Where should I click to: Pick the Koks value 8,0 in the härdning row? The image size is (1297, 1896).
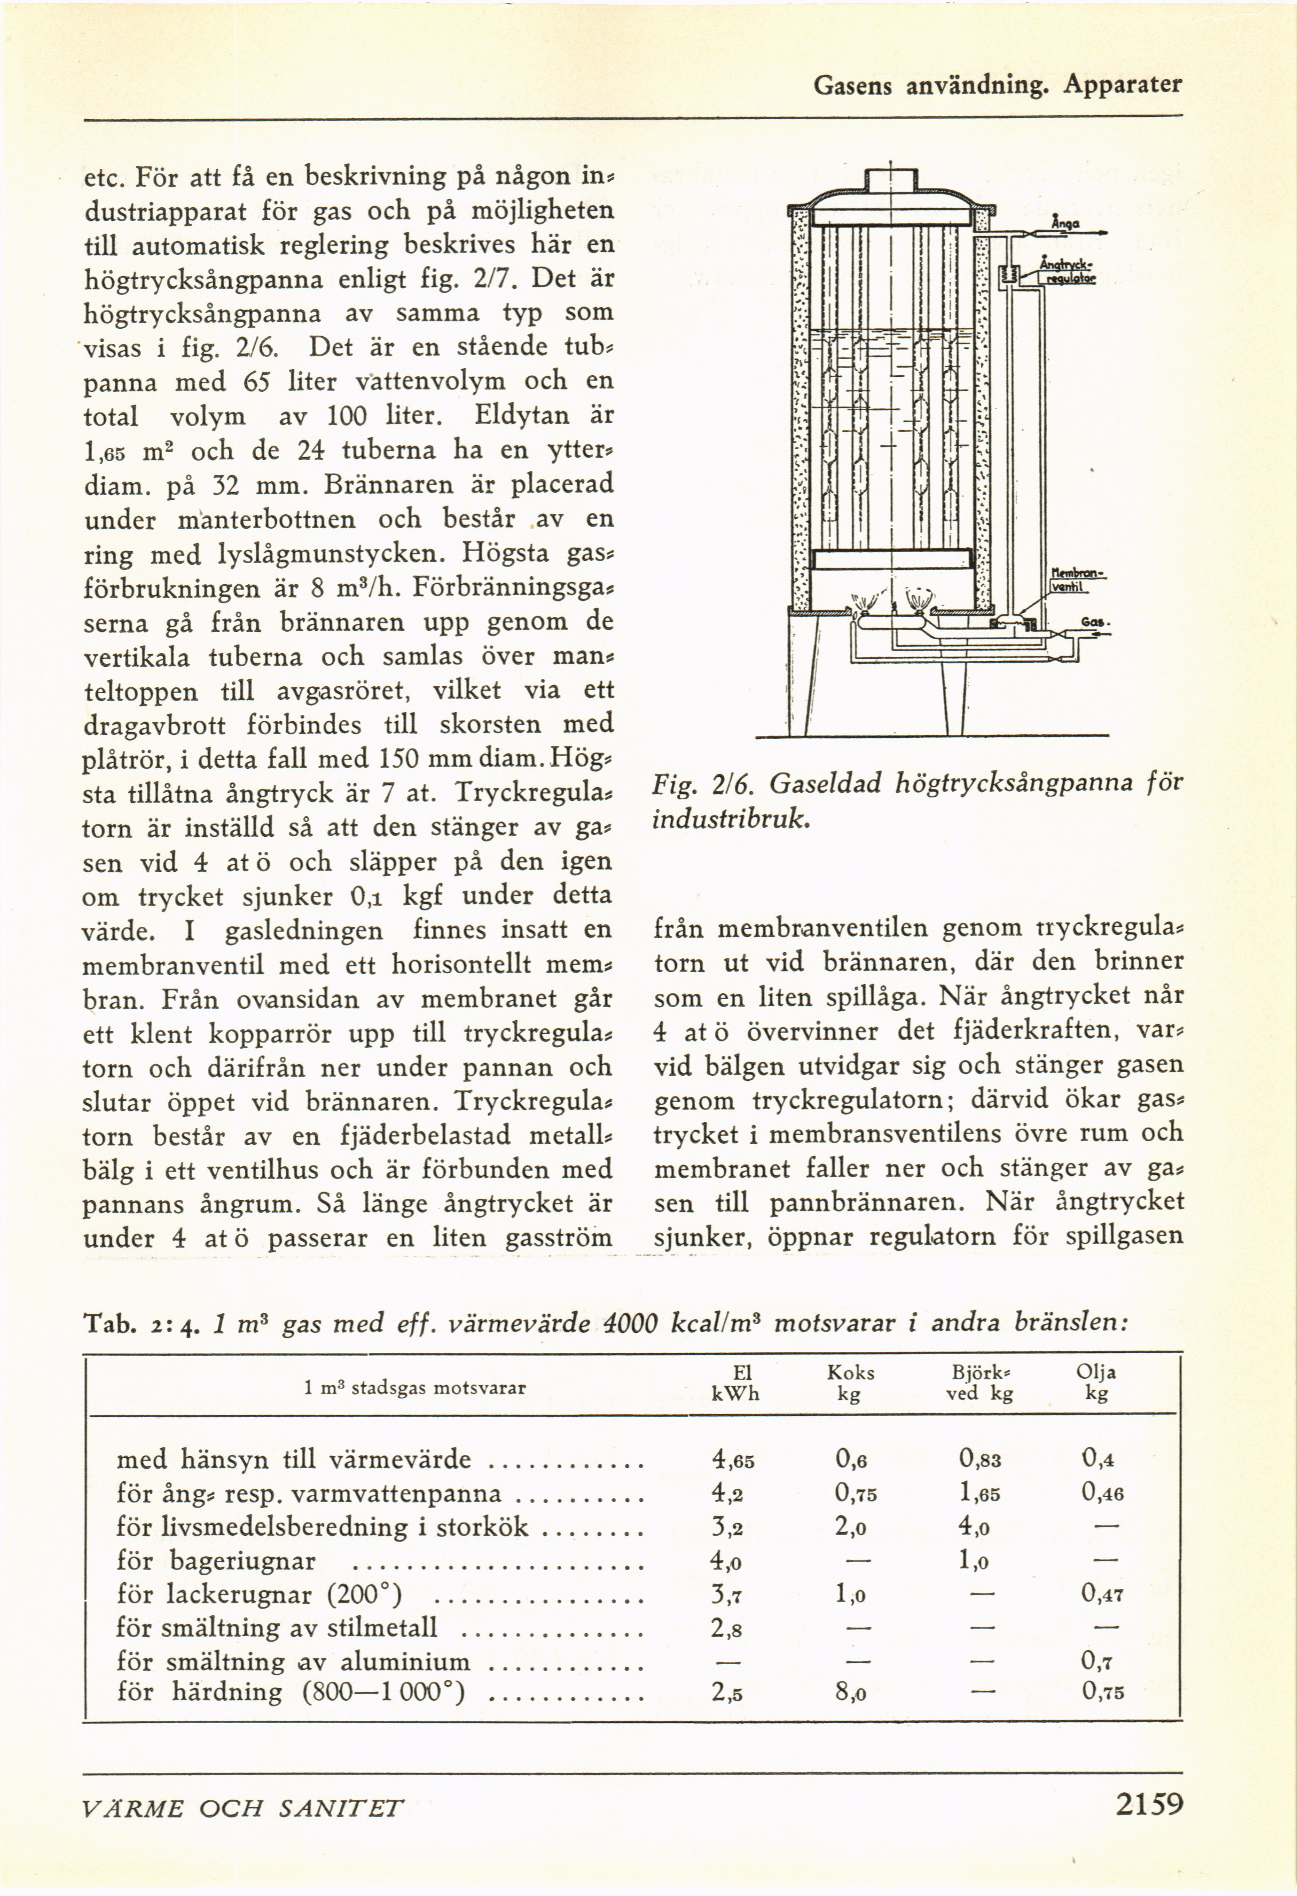pyautogui.click(x=850, y=1692)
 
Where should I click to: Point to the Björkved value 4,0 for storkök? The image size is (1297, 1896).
pyautogui.click(x=974, y=1527)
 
